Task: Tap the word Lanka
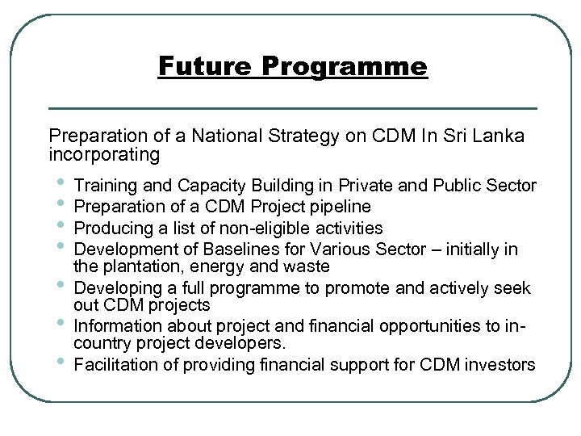pos(499,136)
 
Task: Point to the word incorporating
pos(104,153)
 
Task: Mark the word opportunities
pos(402,327)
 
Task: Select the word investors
pos(500,365)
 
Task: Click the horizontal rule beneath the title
pos(293,107)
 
